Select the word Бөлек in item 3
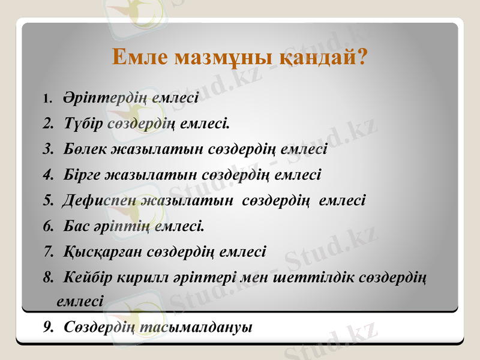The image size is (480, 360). click(x=85, y=149)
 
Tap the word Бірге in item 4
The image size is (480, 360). click(x=82, y=175)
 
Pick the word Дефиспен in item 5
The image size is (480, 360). click(x=100, y=200)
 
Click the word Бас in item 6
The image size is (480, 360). click(x=75, y=226)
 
